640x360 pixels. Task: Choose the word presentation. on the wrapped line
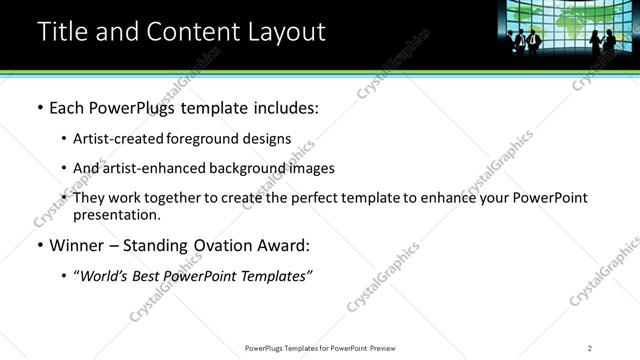tap(116, 214)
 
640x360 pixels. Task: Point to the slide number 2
tap(590, 347)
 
